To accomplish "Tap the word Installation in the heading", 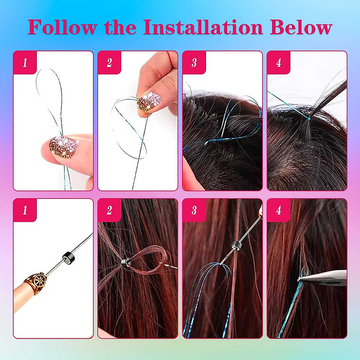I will pos(203,27).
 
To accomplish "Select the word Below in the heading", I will pos(301,27).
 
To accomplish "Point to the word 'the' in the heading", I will pos(120,27).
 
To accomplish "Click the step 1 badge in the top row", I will pos(25,62).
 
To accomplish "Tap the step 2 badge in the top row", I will pos(109,62).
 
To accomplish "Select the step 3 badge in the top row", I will pos(194,62).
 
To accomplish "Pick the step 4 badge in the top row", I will pos(279,62).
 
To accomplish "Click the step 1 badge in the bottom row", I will pos(25,210).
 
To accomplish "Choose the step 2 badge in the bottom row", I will pos(109,210).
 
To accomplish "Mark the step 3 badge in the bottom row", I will pos(194,210).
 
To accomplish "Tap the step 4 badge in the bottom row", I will pos(279,210).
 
